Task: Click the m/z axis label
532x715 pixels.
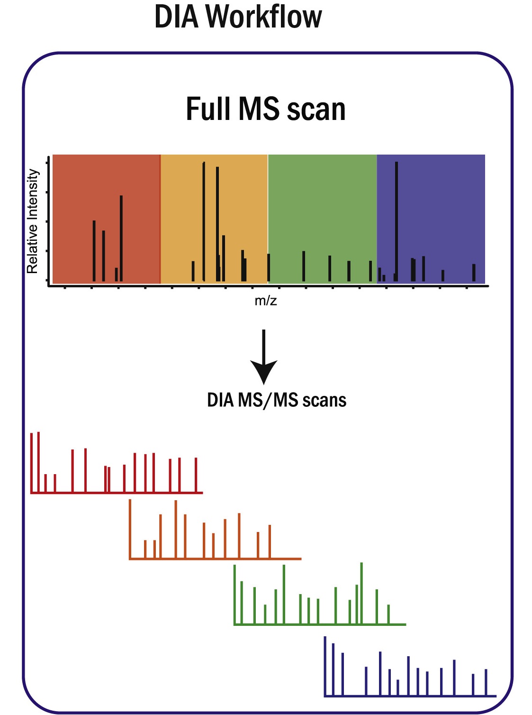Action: click(265, 301)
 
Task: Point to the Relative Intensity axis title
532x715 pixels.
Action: click(32, 221)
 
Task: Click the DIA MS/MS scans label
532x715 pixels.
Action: click(276, 400)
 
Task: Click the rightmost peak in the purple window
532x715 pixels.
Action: click(474, 273)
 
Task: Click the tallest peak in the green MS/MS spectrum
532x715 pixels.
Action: click(361, 593)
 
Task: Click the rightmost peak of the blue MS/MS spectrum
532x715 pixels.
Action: click(486, 682)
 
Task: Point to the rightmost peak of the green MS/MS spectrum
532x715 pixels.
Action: click(388, 614)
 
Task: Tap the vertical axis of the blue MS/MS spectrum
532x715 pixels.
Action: click(325, 666)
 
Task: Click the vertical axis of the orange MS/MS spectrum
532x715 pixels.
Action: click(130, 529)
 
